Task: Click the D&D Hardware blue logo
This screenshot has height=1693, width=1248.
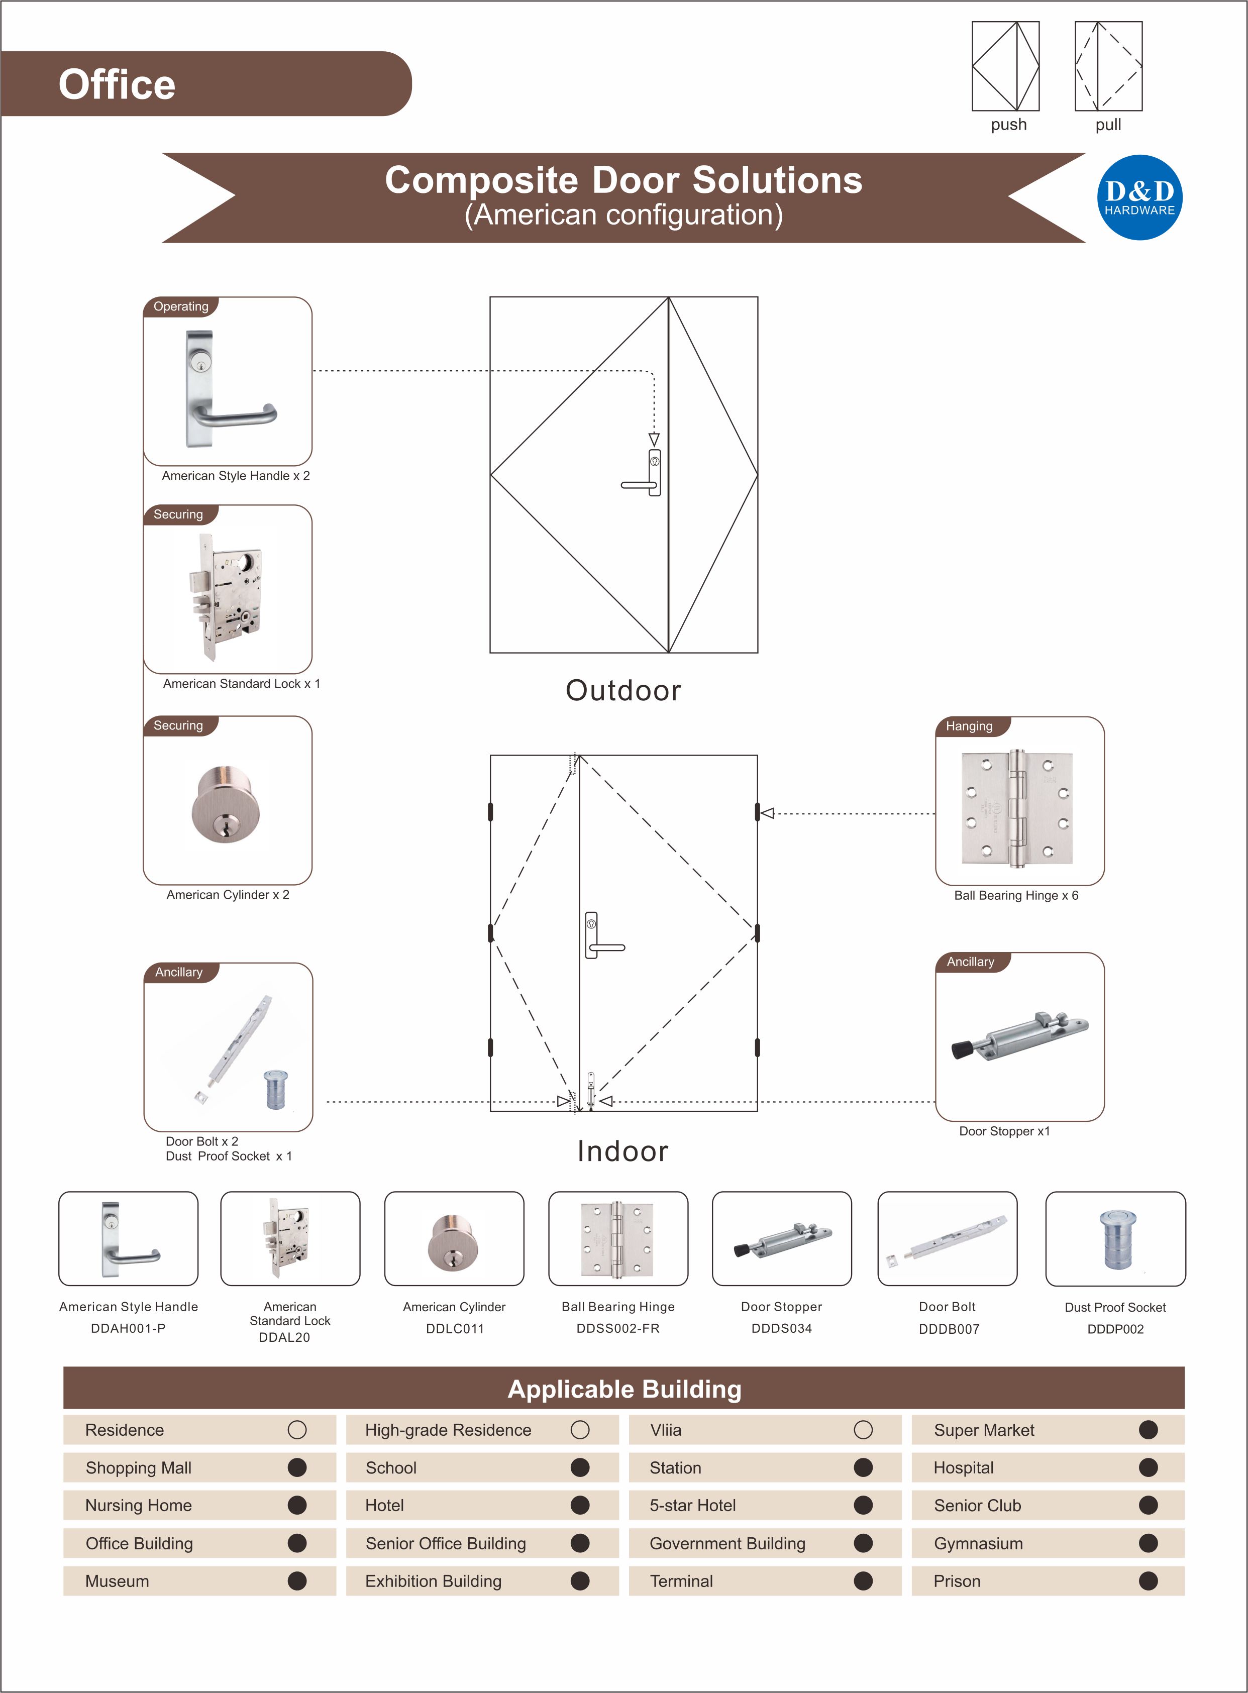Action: (x=1139, y=198)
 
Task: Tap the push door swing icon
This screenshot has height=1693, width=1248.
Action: (x=1005, y=66)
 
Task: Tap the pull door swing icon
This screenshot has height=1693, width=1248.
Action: (x=1108, y=66)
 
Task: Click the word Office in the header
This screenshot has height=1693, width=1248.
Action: (x=117, y=84)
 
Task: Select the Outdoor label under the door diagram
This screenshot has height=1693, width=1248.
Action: (x=623, y=690)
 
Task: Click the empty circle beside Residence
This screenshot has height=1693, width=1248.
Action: (x=297, y=1429)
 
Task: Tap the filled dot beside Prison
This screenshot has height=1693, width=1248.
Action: (x=1148, y=1581)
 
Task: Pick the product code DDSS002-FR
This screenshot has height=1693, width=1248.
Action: (x=618, y=1328)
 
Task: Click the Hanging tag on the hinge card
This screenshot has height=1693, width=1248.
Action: (x=969, y=726)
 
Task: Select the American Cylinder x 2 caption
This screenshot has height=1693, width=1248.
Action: (x=228, y=894)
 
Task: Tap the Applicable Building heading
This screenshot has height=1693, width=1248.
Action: (x=624, y=1389)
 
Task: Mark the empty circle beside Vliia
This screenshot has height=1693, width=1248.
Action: (x=863, y=1429)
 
